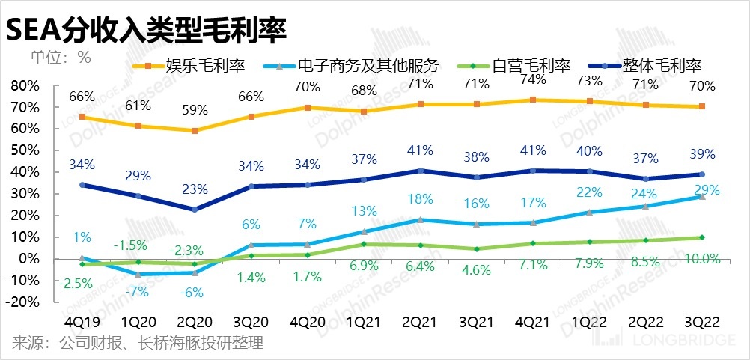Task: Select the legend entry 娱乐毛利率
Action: pyautogui.click(x=203, y=66)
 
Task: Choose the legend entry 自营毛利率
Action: pyautogui.click(x=532, y=66)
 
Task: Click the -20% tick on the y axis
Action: pyautogui.click(x=27, y=302)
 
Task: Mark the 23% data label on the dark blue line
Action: pyautogui.click(x=195, y=189)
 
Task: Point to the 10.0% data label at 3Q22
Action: pyautogui.click(x=701, y=259)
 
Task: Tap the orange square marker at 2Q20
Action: pyautogui.click(x=195, y=131)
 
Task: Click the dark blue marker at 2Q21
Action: pyautogui.click(x=421, y=171)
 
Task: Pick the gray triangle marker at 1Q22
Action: pyautogui.click(x=590, y=212)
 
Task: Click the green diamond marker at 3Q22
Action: pyautogui.click(x=701, y=237)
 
